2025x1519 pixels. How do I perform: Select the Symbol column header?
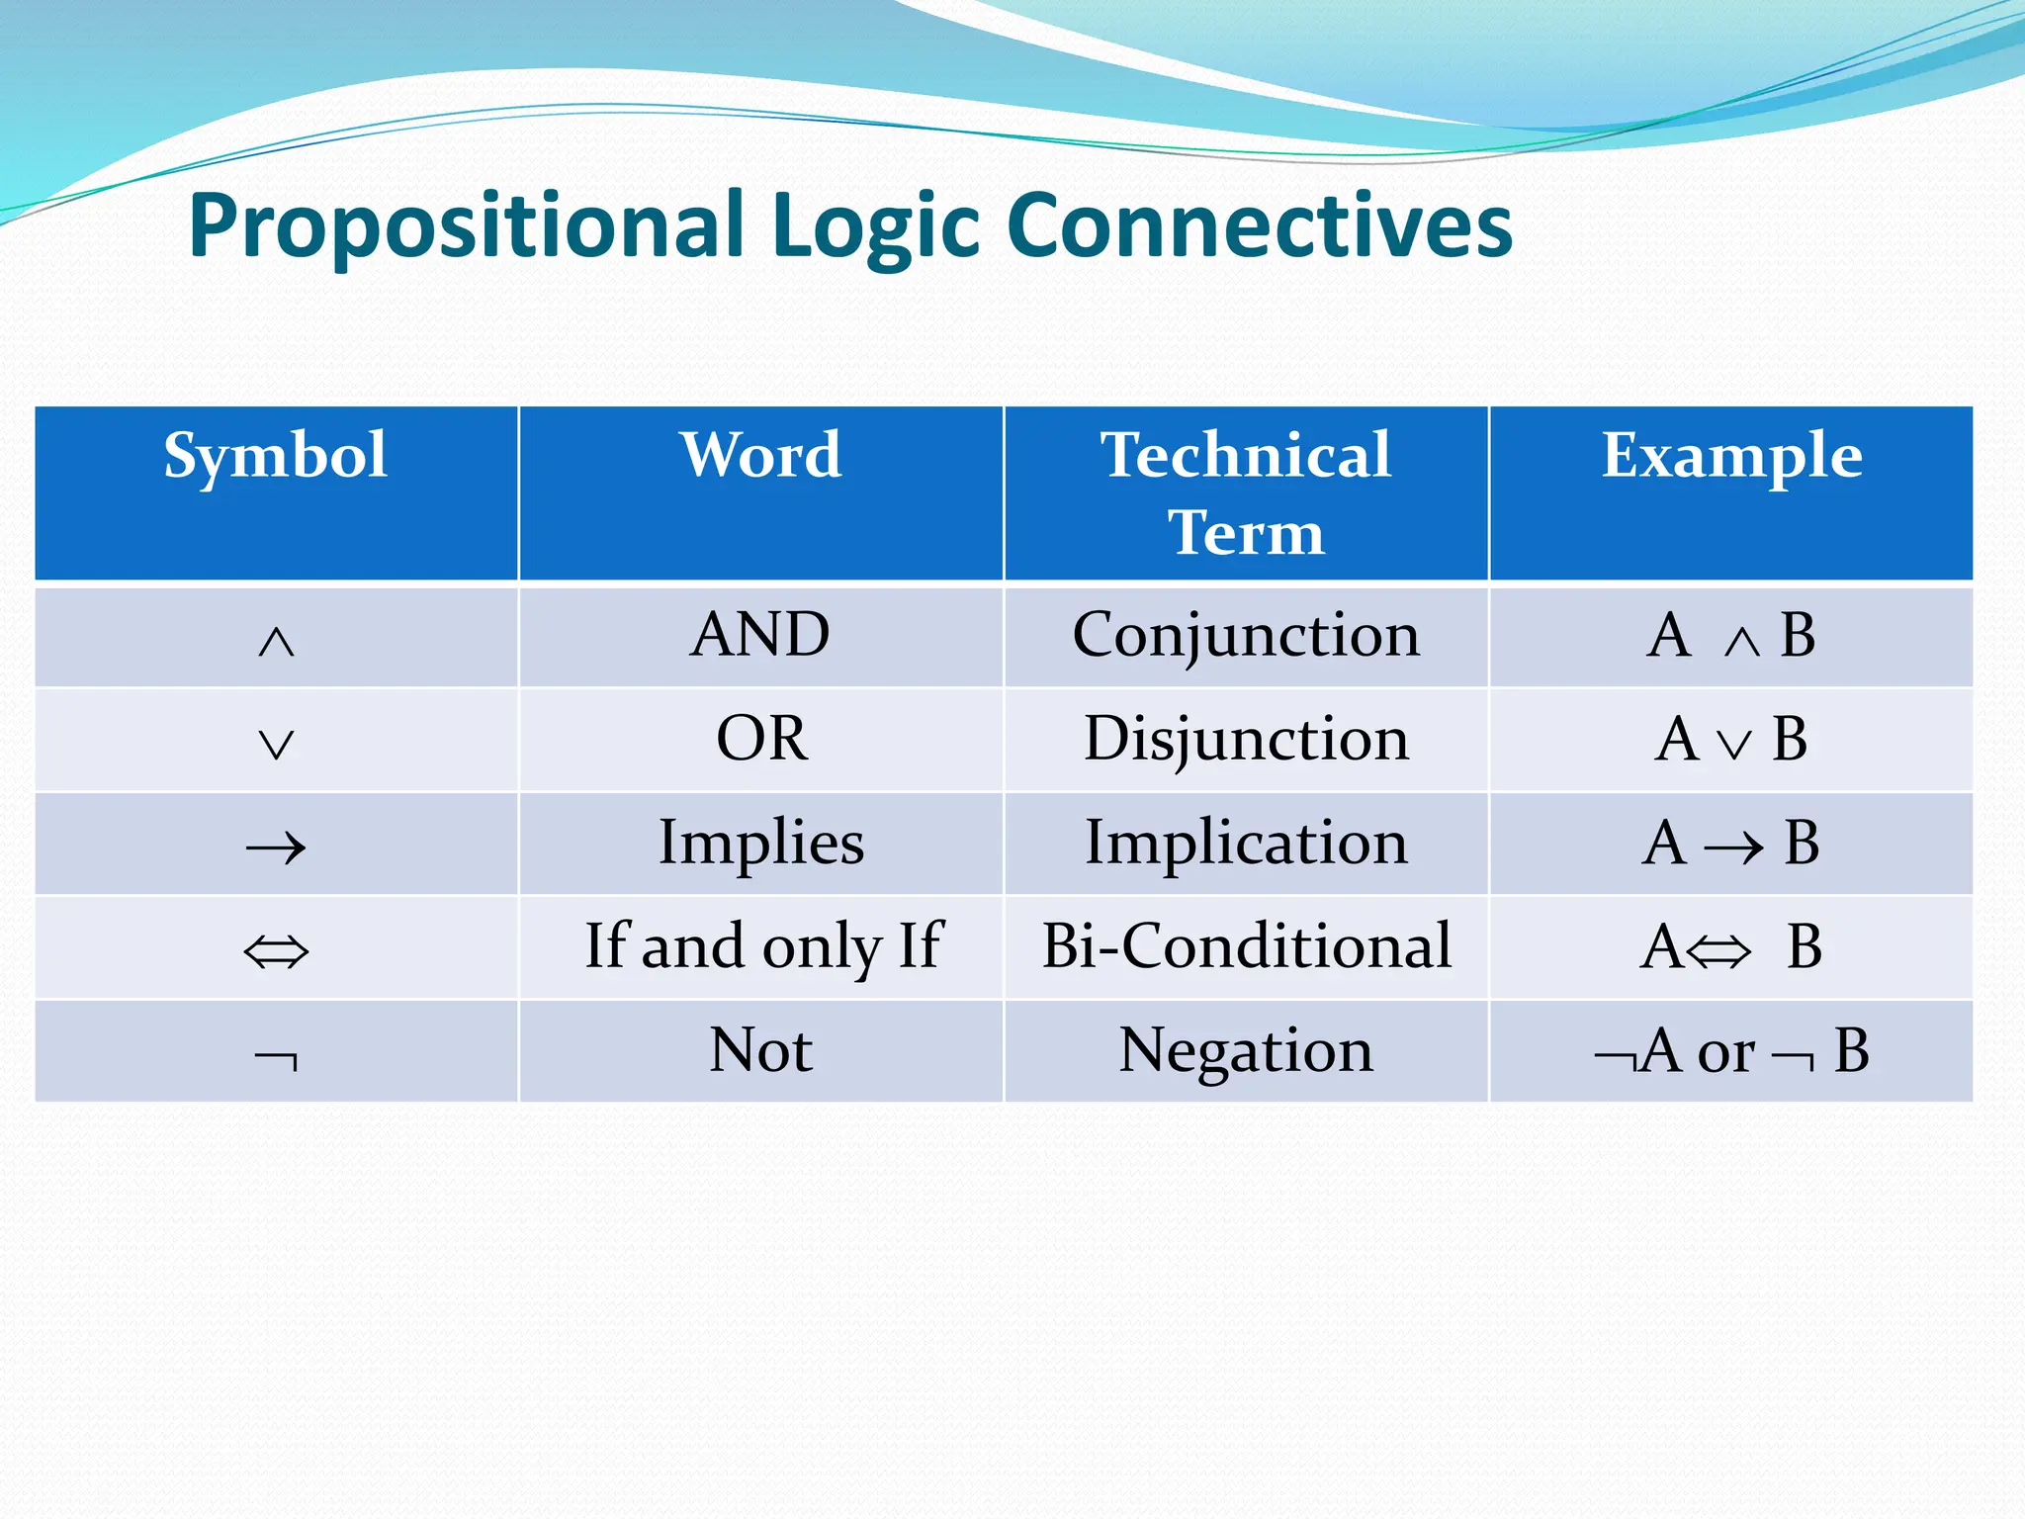pyautogui.click(x=276, y=456)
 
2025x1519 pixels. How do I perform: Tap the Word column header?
pyautogui.click(x=760, y=456)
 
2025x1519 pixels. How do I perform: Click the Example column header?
pyautogui.click(x=1731, y=456)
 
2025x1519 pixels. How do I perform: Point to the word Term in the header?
pyautogui.click(x=1246, y=533)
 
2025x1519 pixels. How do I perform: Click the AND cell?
pyautogui.click(x=760, y=635)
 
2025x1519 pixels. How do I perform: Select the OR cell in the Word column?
pyautogui.click(x=761, y=739)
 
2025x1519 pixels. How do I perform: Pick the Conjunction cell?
pyautogui.click(x=1246, y=635)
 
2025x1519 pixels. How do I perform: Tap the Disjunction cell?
pyautogui.click(x=1246, y=739)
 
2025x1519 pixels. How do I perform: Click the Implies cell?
pyautogui.click(x=761, y=843)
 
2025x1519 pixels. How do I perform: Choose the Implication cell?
pyautogui.click(x=1246, y=843)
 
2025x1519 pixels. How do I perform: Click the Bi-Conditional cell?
pyautogui.click(x=1246, y=946)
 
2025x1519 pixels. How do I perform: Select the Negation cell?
pyautogui.click(x=1246, y=1050)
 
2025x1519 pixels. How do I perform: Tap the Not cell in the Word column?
pyautogui.click(x=761, y=1050)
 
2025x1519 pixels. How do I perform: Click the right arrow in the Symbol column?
pyautogui.click(x=276, y=848)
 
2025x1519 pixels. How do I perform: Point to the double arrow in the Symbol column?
pyautogui.click(x=276, y=952)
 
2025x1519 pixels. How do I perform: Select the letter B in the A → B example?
pyautogui.click(x=1802, y=843)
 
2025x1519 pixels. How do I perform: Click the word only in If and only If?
pyautogui.click(x=821, y=947)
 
